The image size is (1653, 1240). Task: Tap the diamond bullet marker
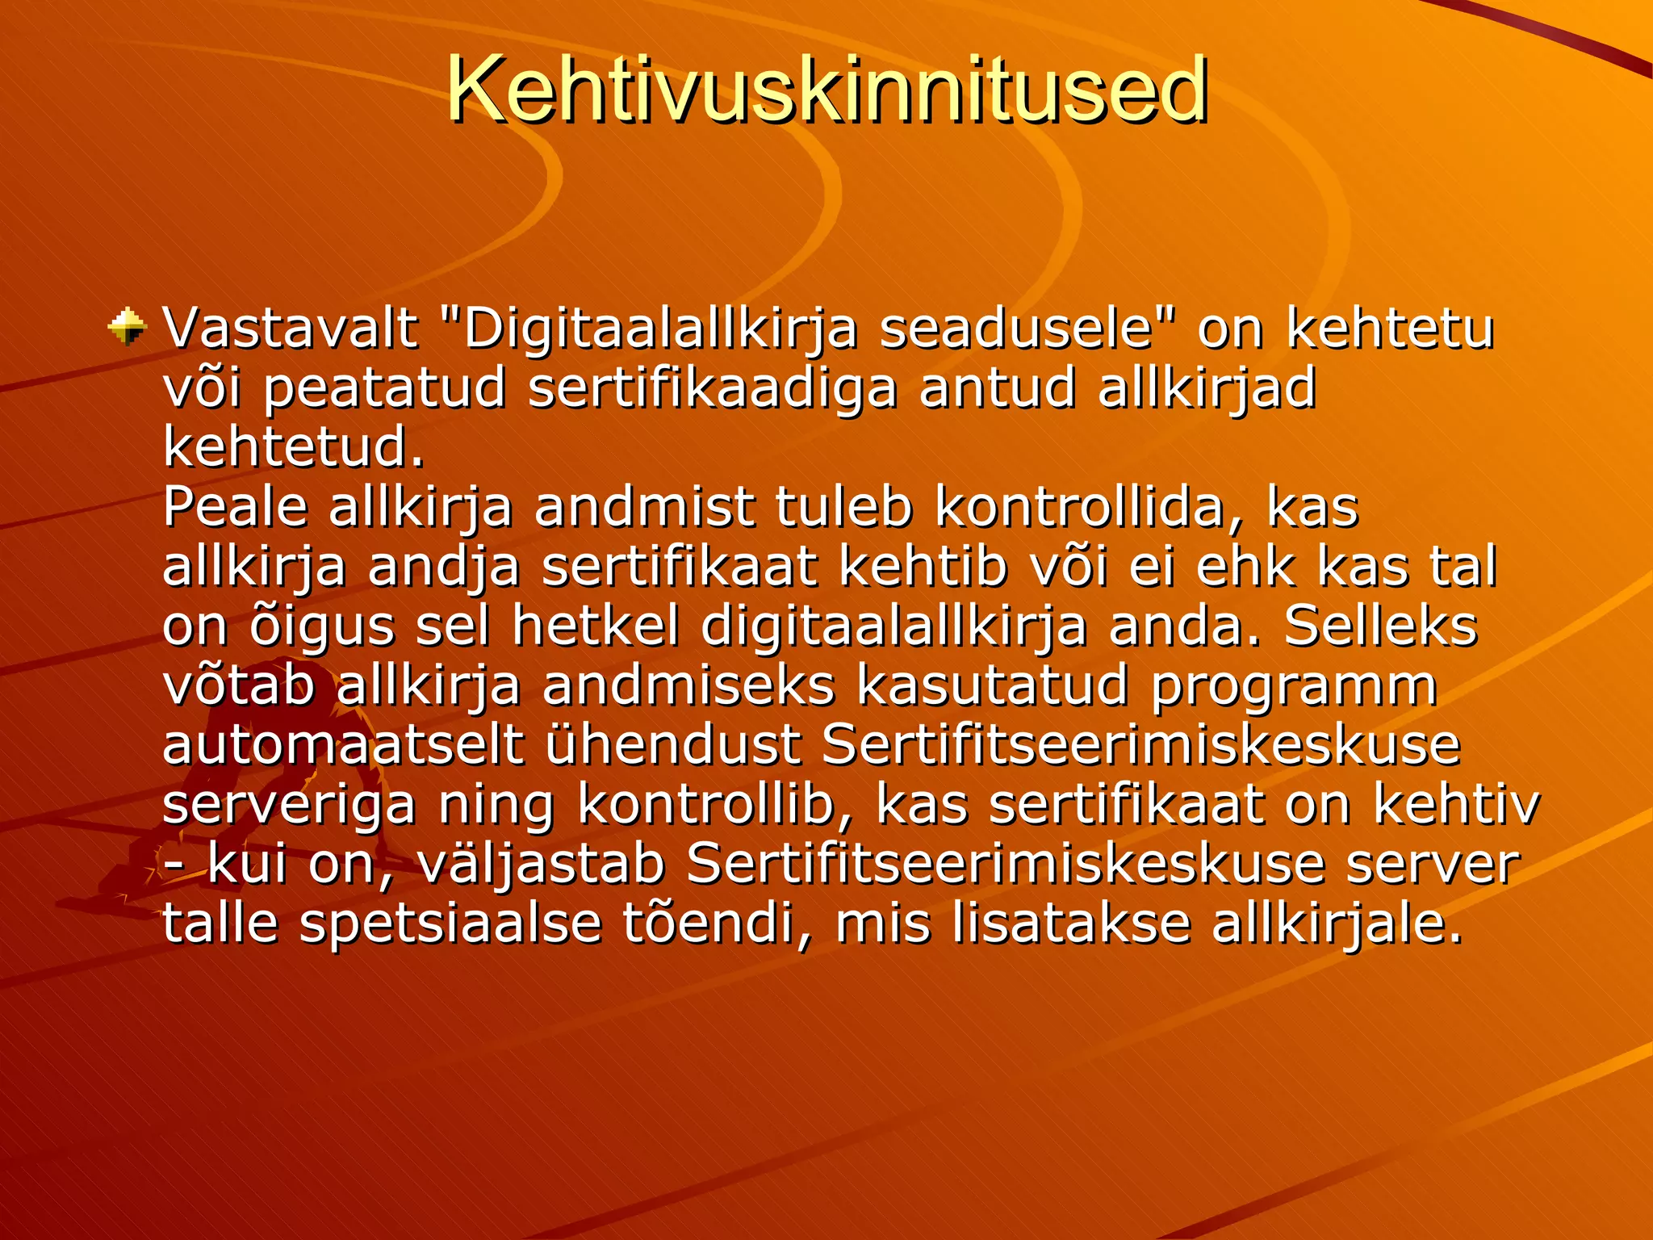pos(128,327)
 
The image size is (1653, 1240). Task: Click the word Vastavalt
pos(291,329)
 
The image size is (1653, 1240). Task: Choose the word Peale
pos(236,508)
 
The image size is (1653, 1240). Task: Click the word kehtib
pos(923,567)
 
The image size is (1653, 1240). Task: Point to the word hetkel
pos(596,626)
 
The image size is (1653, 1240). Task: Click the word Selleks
pos(1380,626)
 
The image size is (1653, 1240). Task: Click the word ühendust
pos(674,745)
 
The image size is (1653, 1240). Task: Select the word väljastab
pos(542,865)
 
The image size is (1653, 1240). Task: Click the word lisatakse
pos(1069,923)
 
